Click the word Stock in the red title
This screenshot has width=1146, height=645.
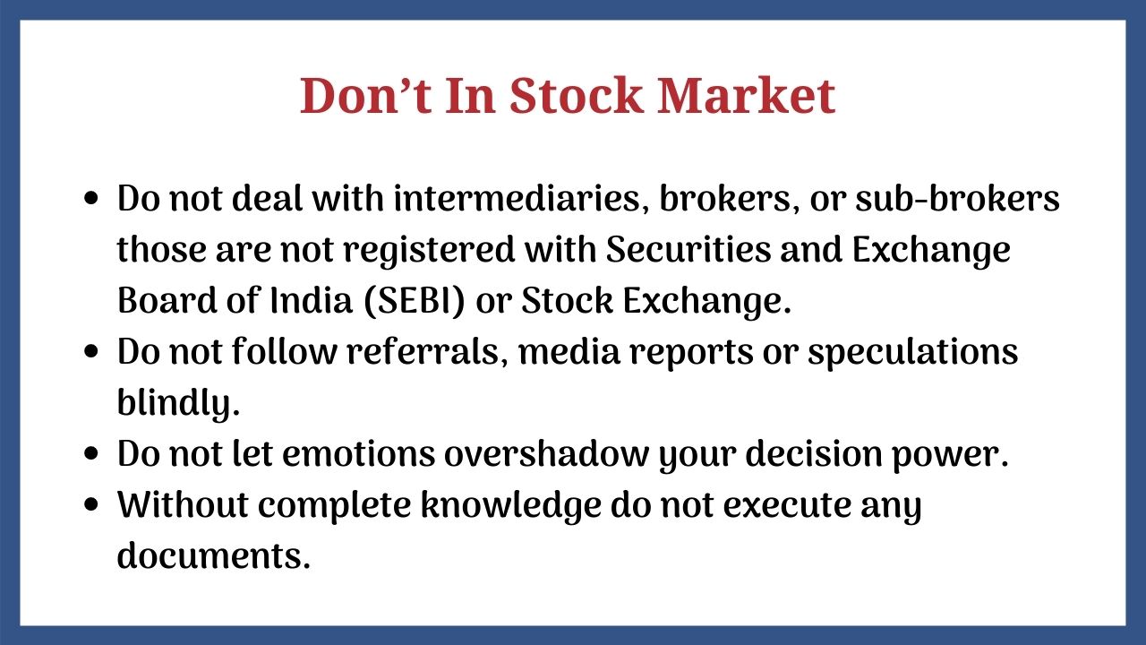[576, 96]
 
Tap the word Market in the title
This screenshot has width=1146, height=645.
[747, 96]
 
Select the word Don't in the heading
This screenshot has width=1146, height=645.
[364, 96]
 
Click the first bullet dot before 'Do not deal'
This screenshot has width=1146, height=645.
[90, 199]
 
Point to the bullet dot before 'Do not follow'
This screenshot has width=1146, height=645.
[90, 352]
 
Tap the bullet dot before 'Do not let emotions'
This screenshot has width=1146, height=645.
[90, 454]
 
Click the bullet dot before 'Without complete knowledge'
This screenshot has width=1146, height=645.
[90, 505]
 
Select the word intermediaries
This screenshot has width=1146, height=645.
[517, 199]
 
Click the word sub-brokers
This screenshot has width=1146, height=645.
[957, 199]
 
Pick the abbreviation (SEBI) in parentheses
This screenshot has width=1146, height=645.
[415, 300]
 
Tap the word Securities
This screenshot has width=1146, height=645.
[688, 250]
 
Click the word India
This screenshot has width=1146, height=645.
[311, 300]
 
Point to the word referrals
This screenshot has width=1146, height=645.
[423, 352]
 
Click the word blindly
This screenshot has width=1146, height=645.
[178, 404]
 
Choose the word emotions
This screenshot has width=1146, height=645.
[358, 454]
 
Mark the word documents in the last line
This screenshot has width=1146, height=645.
[214, 556]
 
